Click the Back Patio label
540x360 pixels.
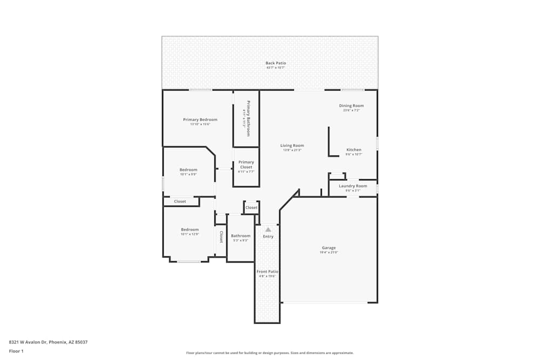point(275,63)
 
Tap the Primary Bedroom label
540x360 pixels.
point(200,120)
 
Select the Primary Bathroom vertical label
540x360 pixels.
point(248,118)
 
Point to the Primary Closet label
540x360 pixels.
point(246,165)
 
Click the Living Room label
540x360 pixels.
point(292,145)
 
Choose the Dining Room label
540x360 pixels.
point(351,106)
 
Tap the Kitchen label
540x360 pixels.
point(354,150)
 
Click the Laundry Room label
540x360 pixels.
point(353,186)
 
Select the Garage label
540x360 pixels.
point(329,248)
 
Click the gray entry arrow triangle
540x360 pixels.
point(268,229)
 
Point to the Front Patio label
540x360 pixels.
point(267,271)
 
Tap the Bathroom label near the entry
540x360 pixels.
point(240,236)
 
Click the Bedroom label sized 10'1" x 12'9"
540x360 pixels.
point(190,229)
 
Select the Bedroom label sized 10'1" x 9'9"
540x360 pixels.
point(188,170)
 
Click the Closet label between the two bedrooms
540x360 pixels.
point(180,201)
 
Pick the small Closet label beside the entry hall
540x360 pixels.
point(251,207)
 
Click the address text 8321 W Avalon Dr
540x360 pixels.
point(48,342)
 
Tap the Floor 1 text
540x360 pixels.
point(16,351)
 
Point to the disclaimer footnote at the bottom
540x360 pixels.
point(269,353)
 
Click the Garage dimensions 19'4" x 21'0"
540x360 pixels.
point(329,253)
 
